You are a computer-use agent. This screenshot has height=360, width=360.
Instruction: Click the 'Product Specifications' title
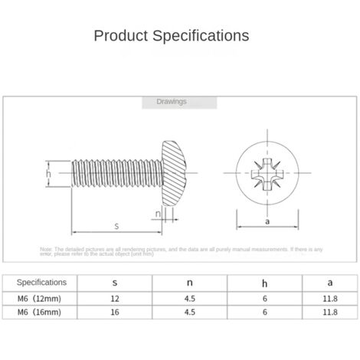[171, 35]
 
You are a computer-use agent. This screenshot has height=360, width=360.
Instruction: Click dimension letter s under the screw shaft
[116, 225]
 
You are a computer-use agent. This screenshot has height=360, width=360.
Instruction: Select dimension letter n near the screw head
[158, 214]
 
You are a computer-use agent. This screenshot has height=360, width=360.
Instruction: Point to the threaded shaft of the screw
[115, 174]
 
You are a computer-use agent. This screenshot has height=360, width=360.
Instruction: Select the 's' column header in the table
[115, 283]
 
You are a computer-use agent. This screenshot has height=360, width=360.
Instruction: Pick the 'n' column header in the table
[190, 283]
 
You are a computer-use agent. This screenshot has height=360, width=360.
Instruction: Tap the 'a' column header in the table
[329, 283]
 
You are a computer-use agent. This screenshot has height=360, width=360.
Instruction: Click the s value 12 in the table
[115, 298]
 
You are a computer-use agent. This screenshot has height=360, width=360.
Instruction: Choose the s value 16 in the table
[115, 313]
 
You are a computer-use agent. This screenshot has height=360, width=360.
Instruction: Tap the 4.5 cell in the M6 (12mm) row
[190, 298]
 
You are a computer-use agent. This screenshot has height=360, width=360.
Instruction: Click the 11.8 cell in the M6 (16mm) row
[329, 313]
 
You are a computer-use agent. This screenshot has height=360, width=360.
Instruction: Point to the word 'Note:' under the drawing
[46, 249]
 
